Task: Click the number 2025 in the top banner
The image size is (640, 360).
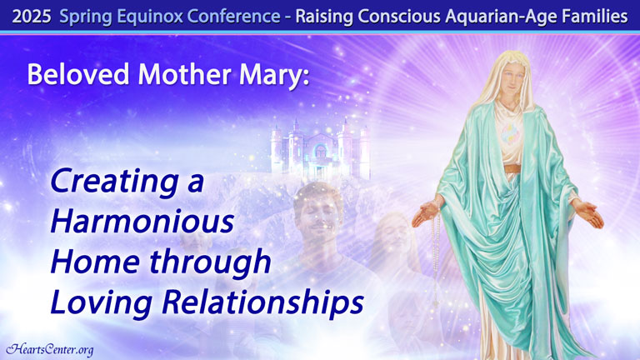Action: click(32, 17)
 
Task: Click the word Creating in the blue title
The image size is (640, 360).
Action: click(114, 182)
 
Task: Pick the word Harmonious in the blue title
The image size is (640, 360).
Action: click(142, 222)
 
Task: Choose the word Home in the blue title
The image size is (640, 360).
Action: click(96, 262)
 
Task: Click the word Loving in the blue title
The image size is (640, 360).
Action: click(101, 303)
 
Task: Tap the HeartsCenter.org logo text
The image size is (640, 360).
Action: click(50, 350)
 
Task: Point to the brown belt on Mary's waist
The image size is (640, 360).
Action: click(512, 168)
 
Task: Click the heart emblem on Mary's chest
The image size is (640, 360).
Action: click(511, 133)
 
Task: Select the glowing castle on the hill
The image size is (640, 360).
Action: click(320, 150)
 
